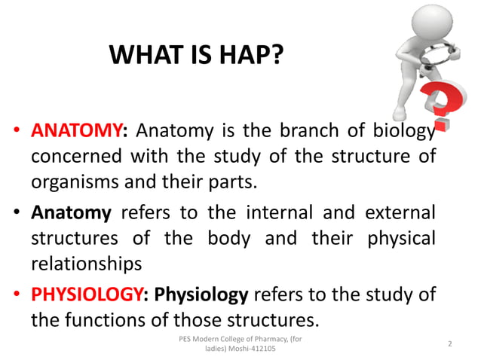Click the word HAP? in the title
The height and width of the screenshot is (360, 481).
tap(246, 56)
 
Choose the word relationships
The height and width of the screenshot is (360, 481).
tap(87, 264)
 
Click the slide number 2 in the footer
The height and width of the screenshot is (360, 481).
tap(450, 343)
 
